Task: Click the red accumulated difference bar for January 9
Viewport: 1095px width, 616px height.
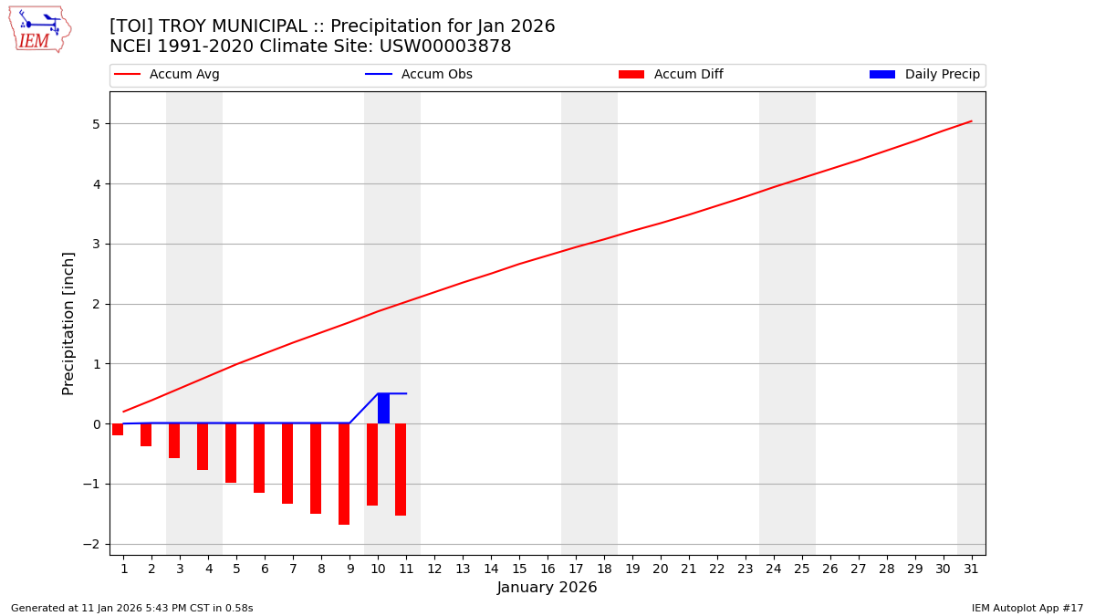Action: [x=344, y=474]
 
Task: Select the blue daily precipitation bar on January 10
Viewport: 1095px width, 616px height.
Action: [x=383, y=408]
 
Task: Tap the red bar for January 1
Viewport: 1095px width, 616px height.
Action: [x=118, y=429]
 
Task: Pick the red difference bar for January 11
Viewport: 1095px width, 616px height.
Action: [x=401, y=469]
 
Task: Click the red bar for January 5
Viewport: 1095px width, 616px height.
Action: [x=231, y=453]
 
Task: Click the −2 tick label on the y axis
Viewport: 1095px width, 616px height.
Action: [x=93, y=545]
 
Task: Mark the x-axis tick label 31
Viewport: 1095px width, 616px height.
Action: [x=971, y=569]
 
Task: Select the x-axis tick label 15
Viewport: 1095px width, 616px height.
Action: [x=519, y=569]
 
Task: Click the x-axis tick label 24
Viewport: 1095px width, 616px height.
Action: [x=774, y=569]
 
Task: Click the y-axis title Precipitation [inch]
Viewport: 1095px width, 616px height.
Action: [x=68, y=323]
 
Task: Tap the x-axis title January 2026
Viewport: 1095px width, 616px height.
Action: [x=547, y=588]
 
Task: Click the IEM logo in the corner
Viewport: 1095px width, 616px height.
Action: [x=39, y=29]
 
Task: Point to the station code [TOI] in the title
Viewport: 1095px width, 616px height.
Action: [x=130, y=26]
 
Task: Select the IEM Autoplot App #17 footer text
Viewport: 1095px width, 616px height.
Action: [x=1027, y=608]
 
